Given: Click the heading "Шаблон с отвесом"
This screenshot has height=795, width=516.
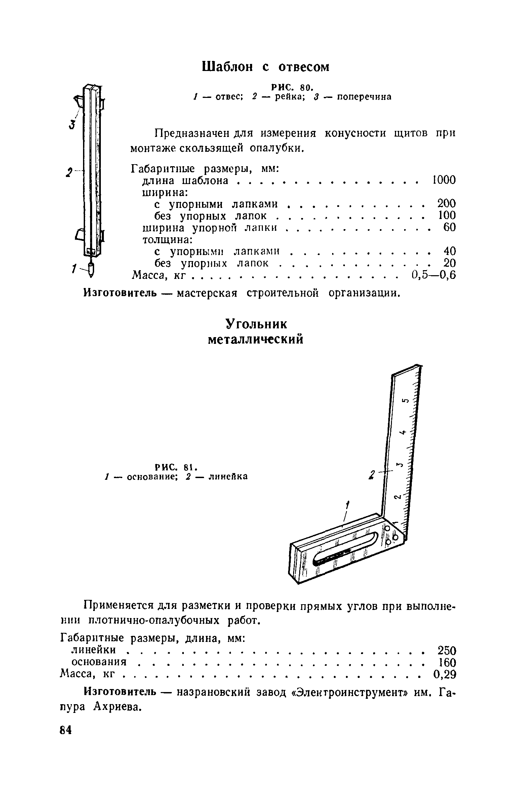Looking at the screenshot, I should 266,67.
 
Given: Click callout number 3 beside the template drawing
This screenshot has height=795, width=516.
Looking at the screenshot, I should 71,125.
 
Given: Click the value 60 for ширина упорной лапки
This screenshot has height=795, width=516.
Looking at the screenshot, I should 449,227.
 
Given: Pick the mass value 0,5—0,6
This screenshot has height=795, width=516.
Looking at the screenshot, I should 433,275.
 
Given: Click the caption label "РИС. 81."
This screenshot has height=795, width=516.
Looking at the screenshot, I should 176,467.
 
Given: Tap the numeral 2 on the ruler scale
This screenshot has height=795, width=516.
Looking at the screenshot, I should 397,497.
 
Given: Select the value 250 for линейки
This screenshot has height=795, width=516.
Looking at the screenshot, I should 446,650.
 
